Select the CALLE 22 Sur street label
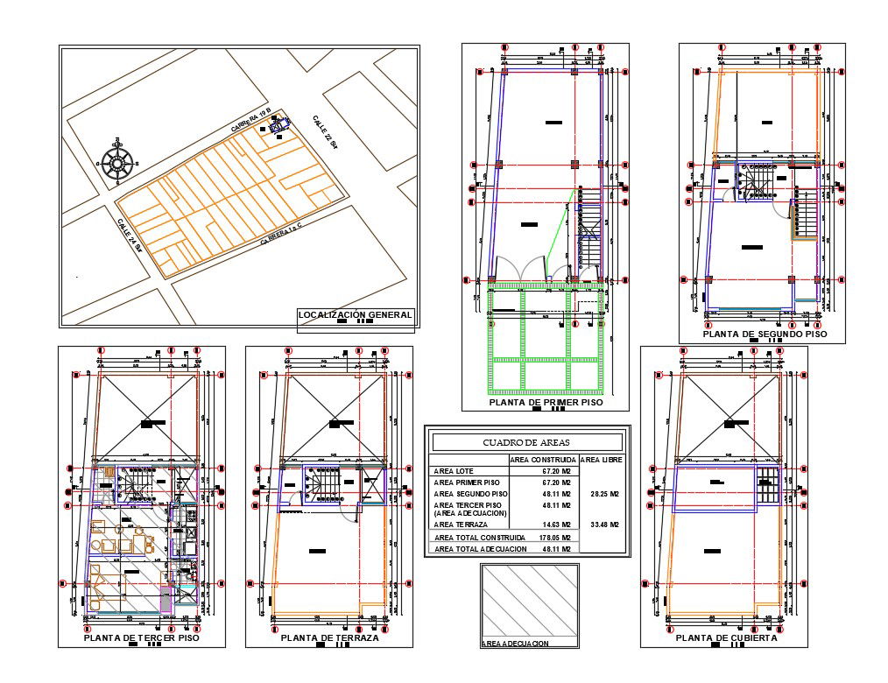[x=324, y=136]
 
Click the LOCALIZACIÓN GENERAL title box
[x=355, y=315]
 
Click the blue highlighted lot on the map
[x=279, y=128]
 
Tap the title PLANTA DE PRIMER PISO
[x=546, y=403]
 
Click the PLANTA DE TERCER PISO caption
[x=141, y=638]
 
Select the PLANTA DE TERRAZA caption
[x=329, y=638]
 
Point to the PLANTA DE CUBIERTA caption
[x=727, y=638]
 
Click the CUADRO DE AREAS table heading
[x=525, y=442]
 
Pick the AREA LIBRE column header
[x=602, y=460]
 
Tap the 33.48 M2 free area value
[x=603, y=525]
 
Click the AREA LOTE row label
[x=455, y=471]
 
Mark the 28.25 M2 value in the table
[x=603, y=494]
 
